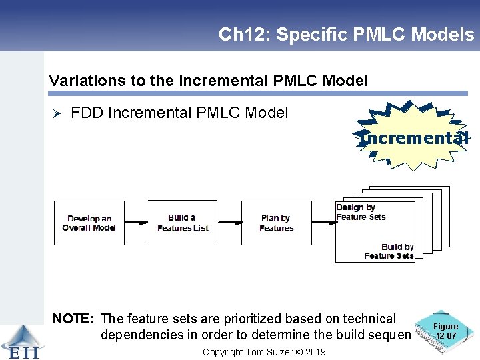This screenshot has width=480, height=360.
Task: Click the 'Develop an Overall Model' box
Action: [89, 223]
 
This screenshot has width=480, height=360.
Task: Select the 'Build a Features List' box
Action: [183, 223]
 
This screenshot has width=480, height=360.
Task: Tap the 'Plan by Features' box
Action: [277, 223]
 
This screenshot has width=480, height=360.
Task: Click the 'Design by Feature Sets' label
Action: [361, 212]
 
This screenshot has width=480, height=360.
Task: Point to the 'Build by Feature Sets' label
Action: [390, 251]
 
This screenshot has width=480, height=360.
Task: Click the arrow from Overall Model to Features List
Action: [136, 223]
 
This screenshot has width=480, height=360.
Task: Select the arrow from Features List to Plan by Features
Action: [229, 223]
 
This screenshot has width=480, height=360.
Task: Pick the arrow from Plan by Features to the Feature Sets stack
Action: [323, 223]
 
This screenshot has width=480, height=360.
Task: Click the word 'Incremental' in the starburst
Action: [413, 138]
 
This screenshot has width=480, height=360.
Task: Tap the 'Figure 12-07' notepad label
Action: [446, 331]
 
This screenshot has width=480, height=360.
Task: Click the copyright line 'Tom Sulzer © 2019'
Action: [265, 351]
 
